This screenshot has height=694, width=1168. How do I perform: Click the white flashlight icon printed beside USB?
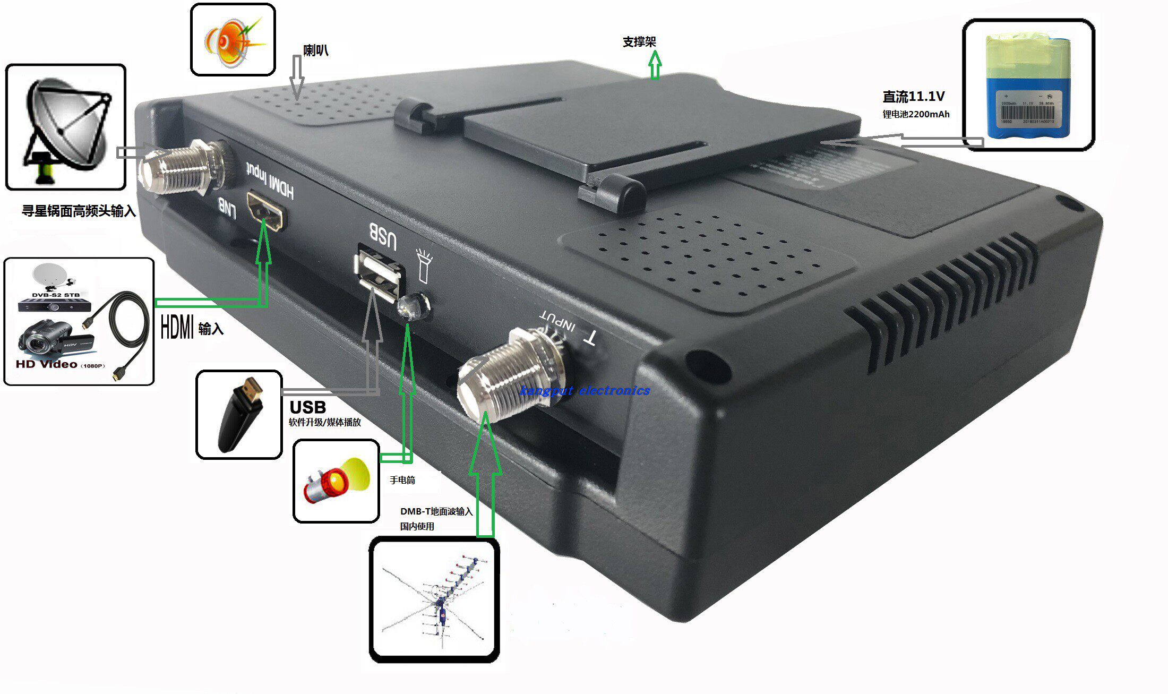pyautogui.click(x=424, y=265)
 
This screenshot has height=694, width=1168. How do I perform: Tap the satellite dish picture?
pyautogui.click(x=66, y=127)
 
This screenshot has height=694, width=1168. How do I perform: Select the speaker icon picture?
pyautogui.click(x=233, y=40)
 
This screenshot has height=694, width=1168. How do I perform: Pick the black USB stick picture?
pyautogui.click(x=240, y=415)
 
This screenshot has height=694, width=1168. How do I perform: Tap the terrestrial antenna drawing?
pyautogui.click(x=435, y=601)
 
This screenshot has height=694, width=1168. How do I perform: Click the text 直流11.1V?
pyautogui.click(x=913, y=97)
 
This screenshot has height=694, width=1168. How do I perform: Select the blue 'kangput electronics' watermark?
pyautogui.click(x=585, y=391)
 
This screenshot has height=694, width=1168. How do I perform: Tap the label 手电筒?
pyautogui.click(x=402, y=480)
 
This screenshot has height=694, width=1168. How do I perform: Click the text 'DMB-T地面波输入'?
pyautogui.click(x=436, y=511)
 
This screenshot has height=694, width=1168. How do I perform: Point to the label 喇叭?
pyautogui.click(x=316, y=50)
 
